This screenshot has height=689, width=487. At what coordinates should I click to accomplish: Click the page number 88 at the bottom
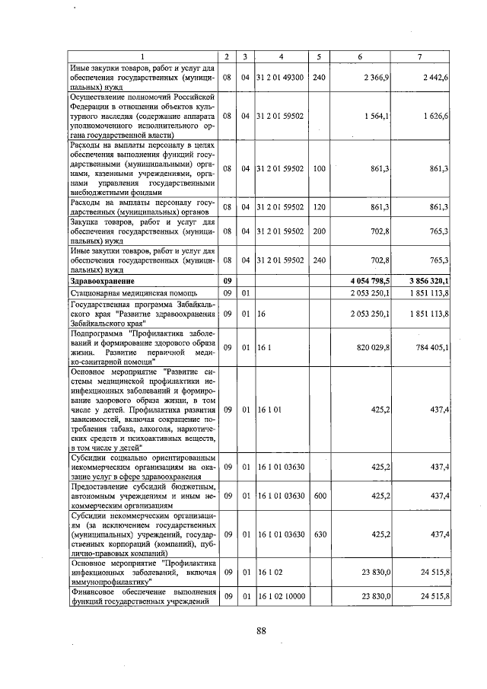[x=261, y=630]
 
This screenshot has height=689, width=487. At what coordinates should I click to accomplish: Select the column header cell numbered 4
[x=281, y=58]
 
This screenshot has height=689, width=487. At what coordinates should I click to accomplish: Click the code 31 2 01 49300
[x=280, y=77]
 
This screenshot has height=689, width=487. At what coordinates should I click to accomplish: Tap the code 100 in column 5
[x=319, y=167]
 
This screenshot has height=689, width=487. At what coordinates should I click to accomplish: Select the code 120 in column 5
[x=319, y=206]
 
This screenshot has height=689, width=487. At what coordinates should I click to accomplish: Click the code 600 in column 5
[x=319, y=496]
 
